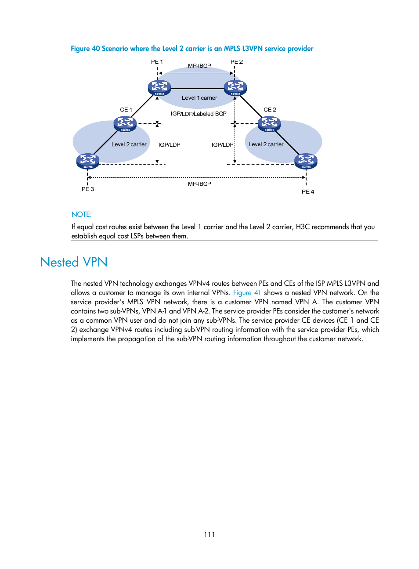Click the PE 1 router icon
(159, 87)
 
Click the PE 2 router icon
(235, 87)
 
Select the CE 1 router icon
(125, 124)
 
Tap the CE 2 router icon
(269, 124)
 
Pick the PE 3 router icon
(88, 161)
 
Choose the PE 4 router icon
(306, 161)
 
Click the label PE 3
(88, 189)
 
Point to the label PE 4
(308, 192)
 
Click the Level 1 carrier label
(199, 98)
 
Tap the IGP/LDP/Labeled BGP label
(199, 114)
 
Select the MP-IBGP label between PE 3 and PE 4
(199, 184)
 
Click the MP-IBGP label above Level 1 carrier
(199, 66)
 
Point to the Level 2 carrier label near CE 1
(129, 144)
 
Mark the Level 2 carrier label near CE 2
(266, 144)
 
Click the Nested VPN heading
(74, 262)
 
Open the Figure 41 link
(247, 293)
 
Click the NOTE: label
(82, 215)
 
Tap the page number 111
(209, 534)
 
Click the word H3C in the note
(303, 227)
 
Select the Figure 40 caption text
(192, 49)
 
